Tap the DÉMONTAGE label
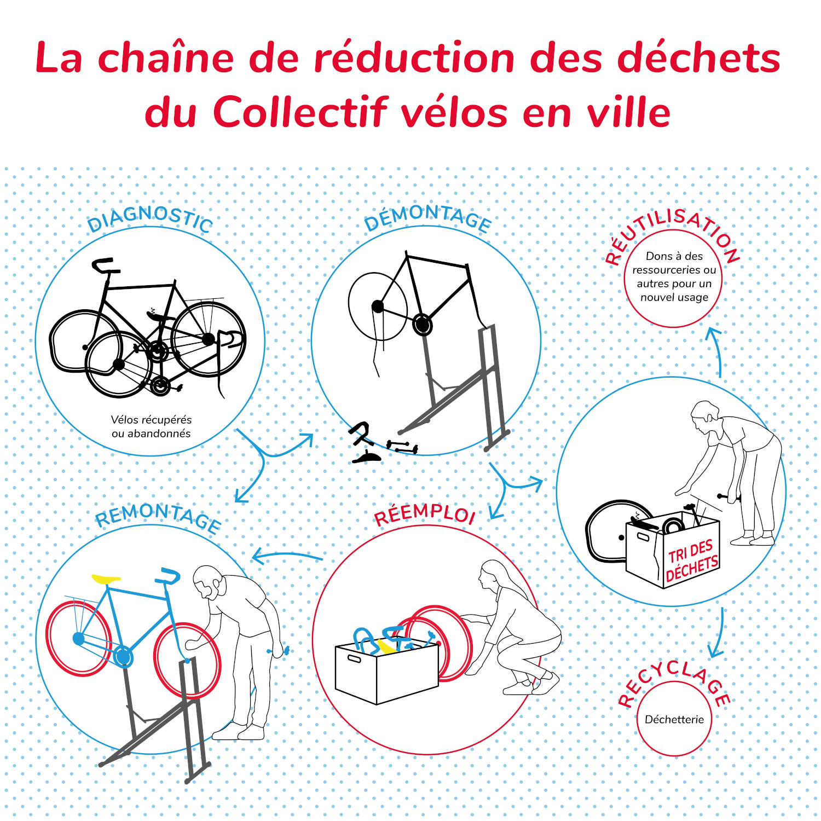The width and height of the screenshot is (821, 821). [427, 217]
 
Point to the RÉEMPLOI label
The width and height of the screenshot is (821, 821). [424, 514]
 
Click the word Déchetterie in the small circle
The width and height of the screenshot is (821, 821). [674, 719]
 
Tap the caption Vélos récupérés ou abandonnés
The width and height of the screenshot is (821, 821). [151, 426]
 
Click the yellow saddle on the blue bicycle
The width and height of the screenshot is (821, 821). [106, 579]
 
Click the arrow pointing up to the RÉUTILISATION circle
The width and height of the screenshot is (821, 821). [716, 350]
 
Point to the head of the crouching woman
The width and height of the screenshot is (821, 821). [490, 575]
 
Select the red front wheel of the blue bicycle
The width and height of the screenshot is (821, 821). [188, 660]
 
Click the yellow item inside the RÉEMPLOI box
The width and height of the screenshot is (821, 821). [388, 647]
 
